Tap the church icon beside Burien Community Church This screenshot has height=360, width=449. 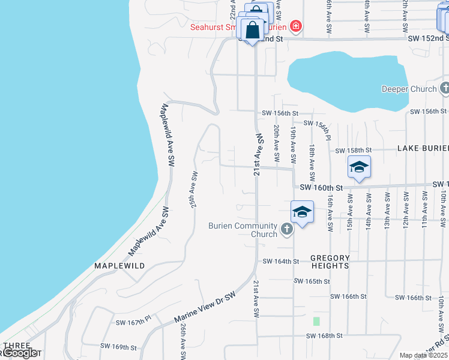pos(287,229)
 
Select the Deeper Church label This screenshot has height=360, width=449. pos(409,89)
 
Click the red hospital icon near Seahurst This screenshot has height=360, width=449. pos(295,26)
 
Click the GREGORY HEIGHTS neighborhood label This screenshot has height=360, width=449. pos(330,262)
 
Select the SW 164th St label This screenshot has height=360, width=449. pos(281,261)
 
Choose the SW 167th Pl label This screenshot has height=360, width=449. pos(134,323)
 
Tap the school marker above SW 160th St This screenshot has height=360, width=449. pos(359,167)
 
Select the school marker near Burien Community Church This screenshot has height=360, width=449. pos(302,212)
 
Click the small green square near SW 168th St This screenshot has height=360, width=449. pos(316,320)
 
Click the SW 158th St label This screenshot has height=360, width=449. pos(354,150)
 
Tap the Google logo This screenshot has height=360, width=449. pos(20,353)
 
